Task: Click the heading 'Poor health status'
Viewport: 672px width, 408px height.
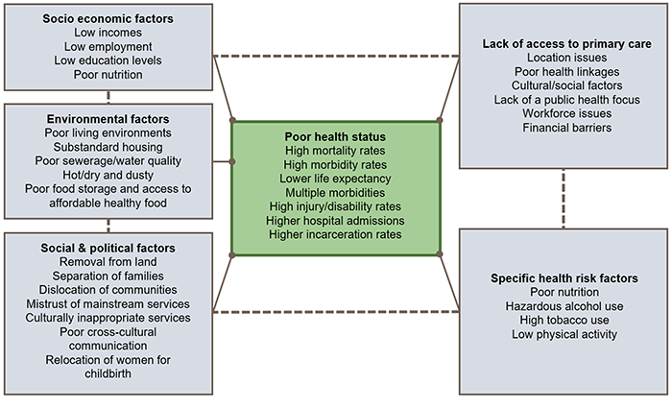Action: (335, 136)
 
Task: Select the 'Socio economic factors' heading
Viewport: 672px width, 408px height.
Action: (108, 18)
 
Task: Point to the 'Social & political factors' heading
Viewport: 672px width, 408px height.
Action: (108, 248)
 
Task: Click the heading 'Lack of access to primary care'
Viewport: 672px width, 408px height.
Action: (564, 44)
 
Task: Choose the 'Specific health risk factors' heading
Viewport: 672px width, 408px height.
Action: (564, 279)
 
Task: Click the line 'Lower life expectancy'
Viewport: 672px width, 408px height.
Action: (335, 178)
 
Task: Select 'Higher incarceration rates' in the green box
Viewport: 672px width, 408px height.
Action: (335, 233)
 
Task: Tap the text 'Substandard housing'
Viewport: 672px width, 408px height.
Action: (108, 147)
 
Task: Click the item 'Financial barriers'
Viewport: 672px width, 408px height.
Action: (564, 127)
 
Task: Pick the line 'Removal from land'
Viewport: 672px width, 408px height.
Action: (108, 262)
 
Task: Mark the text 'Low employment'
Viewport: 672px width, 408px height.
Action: (108, 46)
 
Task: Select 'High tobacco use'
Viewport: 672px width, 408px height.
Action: (564, 321)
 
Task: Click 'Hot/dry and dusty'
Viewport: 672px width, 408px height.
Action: (108, 175)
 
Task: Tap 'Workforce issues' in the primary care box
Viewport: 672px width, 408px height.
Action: (564, 113)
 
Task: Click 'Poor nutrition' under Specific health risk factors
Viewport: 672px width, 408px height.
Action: (564, 293)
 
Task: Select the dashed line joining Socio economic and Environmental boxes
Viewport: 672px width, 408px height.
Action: (108, 96)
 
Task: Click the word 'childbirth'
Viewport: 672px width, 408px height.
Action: (108, 373)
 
